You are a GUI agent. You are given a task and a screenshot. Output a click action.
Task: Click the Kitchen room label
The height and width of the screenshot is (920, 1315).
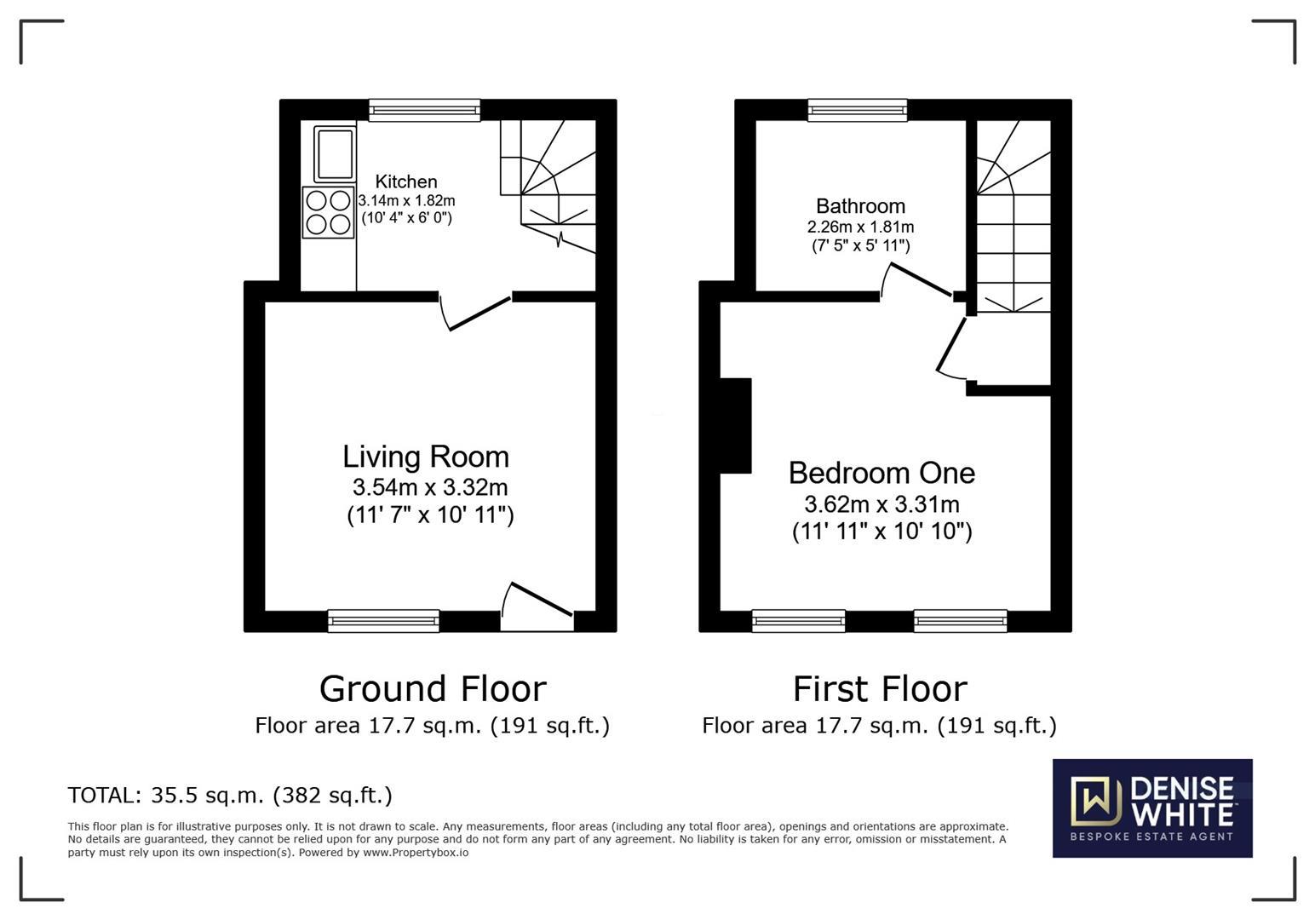click(406, 181)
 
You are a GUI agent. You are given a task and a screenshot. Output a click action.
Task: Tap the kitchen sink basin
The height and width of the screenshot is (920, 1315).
click(335, 154)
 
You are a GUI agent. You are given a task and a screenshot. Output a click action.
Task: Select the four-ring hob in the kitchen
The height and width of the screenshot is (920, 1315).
click(328, 212)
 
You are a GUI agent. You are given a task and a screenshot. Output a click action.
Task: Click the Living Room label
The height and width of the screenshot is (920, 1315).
click(426, 457)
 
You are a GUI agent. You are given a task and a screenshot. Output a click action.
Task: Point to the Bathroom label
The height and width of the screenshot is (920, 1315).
click(860, 206)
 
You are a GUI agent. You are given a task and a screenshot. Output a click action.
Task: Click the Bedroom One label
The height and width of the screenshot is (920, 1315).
click(881, 474)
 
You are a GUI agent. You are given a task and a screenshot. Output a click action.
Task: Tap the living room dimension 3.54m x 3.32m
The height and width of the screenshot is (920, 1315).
click(430, 487)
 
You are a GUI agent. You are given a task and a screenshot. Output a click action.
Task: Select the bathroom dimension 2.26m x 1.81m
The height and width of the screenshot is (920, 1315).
click(860, 227)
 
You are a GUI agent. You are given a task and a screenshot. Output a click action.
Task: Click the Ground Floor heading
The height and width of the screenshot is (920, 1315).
click(433, 688)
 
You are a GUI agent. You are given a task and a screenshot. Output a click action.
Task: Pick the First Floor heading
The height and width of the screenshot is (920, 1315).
click(880, 688)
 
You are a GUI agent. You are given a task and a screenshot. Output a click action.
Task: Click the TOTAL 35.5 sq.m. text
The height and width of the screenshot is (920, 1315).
click(230, 796)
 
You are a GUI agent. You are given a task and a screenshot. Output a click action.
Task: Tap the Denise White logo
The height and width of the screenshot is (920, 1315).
click(1152, 808)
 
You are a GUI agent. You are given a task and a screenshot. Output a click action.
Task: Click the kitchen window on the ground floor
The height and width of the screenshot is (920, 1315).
click(424, 110)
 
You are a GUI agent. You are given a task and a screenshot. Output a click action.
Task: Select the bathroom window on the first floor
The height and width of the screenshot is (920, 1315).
click(858, 110)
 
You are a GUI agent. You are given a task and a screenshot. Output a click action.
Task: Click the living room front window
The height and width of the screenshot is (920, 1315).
click(383, 621)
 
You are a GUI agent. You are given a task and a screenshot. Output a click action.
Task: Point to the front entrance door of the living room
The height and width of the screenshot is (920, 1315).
click(537, 607)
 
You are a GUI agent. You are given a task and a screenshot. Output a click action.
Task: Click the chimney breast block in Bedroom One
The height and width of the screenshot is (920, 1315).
click(736, 426)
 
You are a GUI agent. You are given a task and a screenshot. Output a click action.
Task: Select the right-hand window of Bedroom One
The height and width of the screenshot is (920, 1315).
click(961, 621)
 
